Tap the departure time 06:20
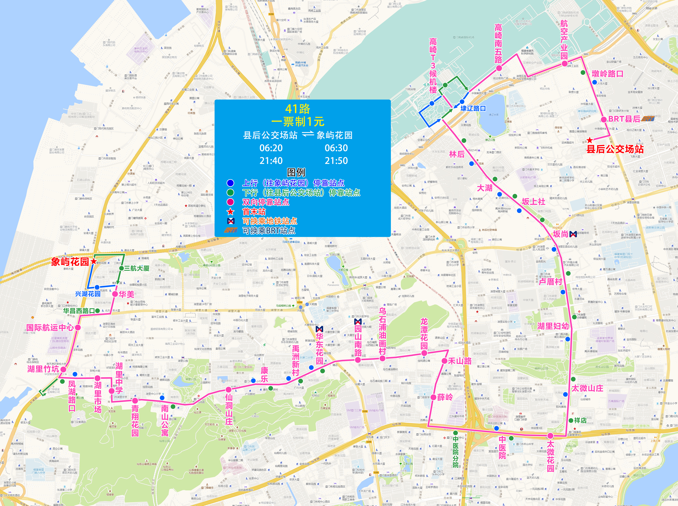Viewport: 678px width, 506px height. pos(271,148)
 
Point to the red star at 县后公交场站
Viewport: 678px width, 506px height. pos(589,140)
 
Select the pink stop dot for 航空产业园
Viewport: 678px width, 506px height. pos(564,64)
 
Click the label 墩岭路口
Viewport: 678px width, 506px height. pos(607,74)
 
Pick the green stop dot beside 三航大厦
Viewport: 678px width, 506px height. pos(121,268)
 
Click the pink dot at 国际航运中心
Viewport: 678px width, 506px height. pos(78,327)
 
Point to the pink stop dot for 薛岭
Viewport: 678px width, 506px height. pos(433,397)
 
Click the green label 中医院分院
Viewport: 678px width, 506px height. pos(456,452)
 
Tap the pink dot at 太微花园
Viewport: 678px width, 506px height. pos(551,435)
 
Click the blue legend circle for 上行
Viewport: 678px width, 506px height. pos(230,183)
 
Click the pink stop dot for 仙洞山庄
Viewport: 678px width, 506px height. pos(228,390)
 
